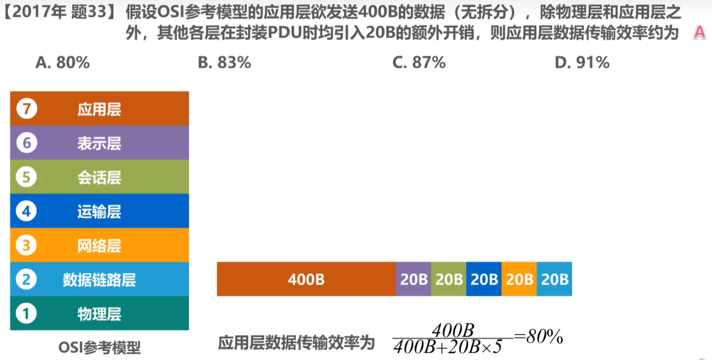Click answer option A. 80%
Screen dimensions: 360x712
pos(62,63)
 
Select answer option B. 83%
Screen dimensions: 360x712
pos(224,63)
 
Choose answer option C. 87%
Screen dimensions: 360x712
pos(419,63)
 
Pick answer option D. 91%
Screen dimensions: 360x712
pos(582,63)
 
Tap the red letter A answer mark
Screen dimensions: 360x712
pos(699,32)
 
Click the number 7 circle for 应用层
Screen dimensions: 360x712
pos(26,109)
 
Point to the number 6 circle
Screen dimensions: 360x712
pos(26,143)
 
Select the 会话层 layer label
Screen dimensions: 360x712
pos(99,178)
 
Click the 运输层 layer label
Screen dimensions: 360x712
pos(99,212)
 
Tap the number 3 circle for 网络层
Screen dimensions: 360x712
pos(26,246)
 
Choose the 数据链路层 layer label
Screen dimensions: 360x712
pos(99,280)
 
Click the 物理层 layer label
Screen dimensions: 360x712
pos(99,314)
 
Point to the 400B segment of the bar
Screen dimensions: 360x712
pos(306,279)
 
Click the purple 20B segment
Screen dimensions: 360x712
pos(414,279)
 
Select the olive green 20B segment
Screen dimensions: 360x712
pos(449,279)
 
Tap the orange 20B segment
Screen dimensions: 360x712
pos(519,279)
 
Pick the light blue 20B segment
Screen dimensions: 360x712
pos(554,279)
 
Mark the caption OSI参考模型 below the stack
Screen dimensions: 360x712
pos(99,347)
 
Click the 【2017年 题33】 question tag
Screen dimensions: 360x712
pos(59,12)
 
